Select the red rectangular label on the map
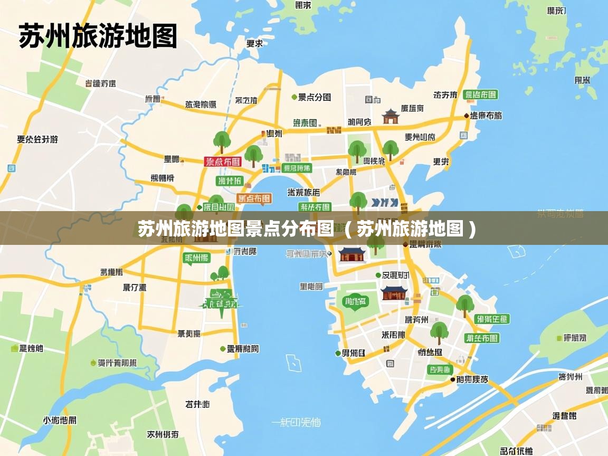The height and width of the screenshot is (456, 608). (222, 161)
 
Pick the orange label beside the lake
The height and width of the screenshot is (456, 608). (254, 198)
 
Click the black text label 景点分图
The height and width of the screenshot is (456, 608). (315, 97)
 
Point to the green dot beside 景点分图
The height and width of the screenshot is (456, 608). (294, 97)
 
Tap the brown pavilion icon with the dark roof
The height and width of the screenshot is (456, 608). (391, 116)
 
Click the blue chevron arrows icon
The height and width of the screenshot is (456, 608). (384, 202)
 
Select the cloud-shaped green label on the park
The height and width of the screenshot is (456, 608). (355, 302)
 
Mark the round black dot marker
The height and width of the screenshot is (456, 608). (452, 379)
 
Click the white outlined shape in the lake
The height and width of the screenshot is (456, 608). (293, 363)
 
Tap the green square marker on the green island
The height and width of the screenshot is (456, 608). (559, 338)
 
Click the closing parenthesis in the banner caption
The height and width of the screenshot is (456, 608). (472, 229)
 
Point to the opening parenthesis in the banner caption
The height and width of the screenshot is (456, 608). (347, 229)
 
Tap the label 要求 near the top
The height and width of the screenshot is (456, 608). (255, 43)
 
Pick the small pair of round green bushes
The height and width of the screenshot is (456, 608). (220, 274)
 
